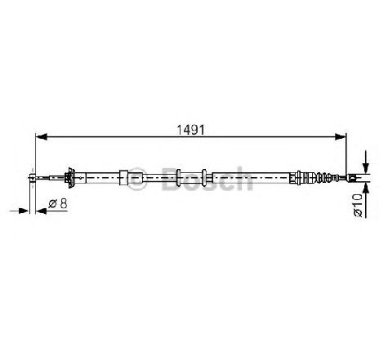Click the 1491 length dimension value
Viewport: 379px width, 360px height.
(190, 130)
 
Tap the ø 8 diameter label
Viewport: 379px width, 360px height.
(58, 203)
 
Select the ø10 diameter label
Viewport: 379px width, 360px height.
(358, 205)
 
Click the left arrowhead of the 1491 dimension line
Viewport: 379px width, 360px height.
(42, 136)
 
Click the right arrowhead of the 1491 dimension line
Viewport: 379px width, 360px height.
(341, 136)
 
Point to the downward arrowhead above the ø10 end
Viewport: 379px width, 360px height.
(366, 167)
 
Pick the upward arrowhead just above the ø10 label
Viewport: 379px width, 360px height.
(366, 188)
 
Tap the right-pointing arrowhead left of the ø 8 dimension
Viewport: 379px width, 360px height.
(24, 211)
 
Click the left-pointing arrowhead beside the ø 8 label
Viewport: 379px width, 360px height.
(42, 211)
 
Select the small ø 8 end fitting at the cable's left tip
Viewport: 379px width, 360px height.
(33, 178)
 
